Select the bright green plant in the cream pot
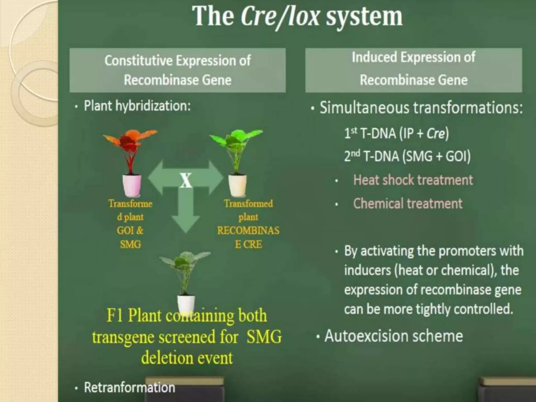pos(236,147)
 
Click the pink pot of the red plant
pos(132,185)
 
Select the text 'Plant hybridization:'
pos(137,106)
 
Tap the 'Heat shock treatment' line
pos(413,180)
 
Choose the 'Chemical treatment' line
pos(407,204)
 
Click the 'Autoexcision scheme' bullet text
pos(393,336)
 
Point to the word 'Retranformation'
pos(129,388)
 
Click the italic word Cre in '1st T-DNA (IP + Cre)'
pos(435,134)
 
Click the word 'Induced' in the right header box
pos(374,57)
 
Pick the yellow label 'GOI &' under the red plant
pos(130,231)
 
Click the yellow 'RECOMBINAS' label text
pos(248,231)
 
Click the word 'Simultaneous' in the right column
pos(364,108)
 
